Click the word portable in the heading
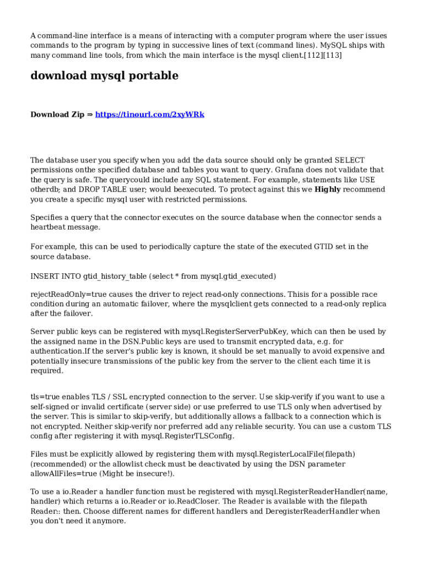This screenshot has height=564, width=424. click(151, 76)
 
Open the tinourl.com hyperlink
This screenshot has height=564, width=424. click(150, 115)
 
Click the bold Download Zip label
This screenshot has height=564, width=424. click(57, 115)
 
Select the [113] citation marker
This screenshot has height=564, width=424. click(332, 56)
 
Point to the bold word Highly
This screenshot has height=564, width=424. click(327, 189)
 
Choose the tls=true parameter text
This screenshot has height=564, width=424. click(46, 397)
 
